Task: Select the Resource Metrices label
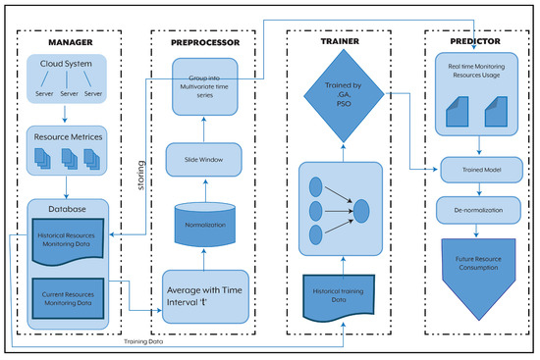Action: [x=65, y=136]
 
